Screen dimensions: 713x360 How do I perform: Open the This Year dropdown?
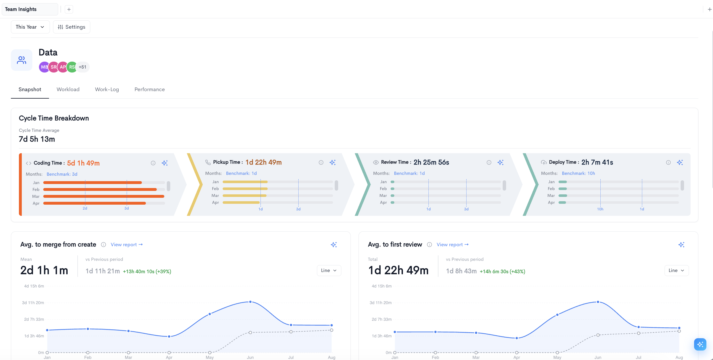[30, 27]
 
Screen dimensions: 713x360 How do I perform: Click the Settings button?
[72, 27]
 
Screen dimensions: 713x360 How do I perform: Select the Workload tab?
[68, 89]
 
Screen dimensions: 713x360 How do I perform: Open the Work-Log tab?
[107, 89]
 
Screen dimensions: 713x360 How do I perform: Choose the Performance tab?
[150, 89]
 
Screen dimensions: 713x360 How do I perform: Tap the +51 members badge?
[83, 67]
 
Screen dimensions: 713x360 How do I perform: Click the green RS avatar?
[72, 67]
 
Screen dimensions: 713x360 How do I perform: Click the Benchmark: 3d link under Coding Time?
[62, 174]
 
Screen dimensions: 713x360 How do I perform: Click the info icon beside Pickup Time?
[321, 163]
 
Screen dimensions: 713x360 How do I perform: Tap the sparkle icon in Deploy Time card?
[680, 163]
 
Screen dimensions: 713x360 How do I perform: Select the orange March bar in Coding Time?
[104, 196]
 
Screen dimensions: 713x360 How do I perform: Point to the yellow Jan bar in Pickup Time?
[245, 182]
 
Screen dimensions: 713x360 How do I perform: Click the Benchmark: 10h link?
[578, 173]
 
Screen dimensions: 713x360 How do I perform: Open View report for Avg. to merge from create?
[127, 245]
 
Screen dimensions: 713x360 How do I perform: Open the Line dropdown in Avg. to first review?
[676, 271]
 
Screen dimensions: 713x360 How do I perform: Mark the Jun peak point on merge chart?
[250, 302]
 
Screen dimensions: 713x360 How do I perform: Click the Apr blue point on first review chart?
[517, 338]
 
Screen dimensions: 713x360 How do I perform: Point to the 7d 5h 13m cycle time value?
[37, 139]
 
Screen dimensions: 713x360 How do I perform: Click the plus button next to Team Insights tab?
[69, 9]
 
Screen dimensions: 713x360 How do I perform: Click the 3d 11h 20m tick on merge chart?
[33, 303]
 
